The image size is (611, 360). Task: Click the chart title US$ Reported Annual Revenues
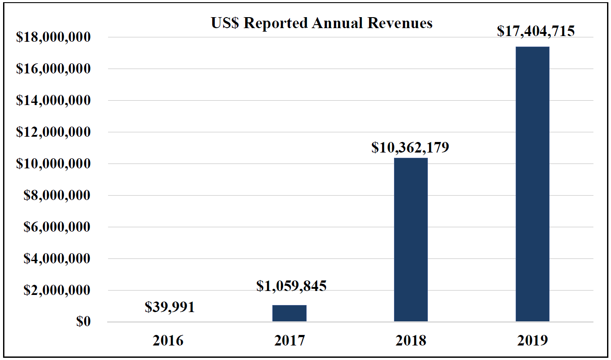pyautogui.click(x=322, y=23)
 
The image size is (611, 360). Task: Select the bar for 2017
pyautogui.click(x=289, y=313)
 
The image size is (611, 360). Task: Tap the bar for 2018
pyautogui.click(x=411, y=240)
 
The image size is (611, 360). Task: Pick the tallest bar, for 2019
pyautogui.click(x=532, y=184)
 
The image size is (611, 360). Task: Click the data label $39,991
pyautogui.click(x=170, y=307)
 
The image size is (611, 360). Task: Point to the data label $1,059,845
pyautogui.click(x=292, y=286)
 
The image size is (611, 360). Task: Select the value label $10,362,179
pyautogui.click(x=410, y=147)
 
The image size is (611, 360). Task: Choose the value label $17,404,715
pyautogui.click(x=536, y=31)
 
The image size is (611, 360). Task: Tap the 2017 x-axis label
pyautogui.click(x=289, y=341)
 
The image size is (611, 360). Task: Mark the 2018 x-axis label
pyautogui.click(x=411, y=341)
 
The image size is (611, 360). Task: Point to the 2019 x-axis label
pyautogui.click(x=532, y=341)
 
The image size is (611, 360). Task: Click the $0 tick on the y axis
pyautogui.click(x=83, y=321)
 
